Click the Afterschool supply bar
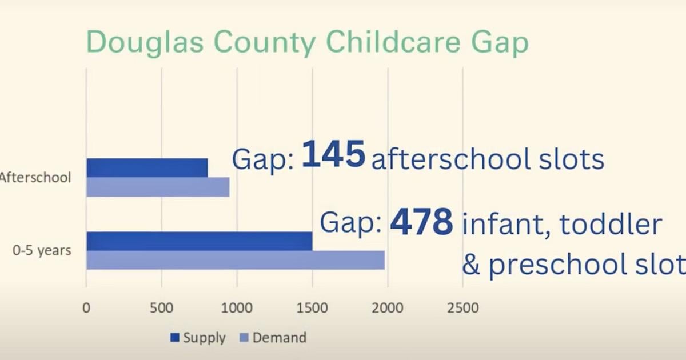147,168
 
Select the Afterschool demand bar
158,187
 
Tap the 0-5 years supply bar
199,241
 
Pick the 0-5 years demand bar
236,260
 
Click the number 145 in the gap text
333,155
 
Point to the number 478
421,223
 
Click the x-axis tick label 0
86,308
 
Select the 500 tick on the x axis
161,308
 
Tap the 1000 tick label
237,308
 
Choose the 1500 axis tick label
312,308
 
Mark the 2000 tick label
388,308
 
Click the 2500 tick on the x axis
463,308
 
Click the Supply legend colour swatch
175,338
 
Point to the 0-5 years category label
41,250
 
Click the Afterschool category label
35,178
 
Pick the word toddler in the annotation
611,225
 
